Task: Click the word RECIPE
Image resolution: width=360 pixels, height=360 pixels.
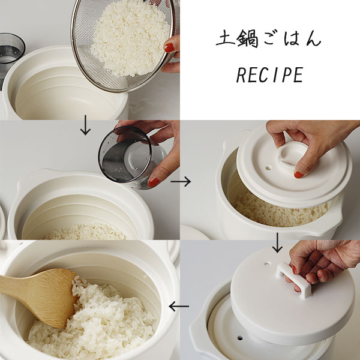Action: tap(270, 75)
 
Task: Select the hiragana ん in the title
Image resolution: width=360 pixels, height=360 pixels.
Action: tap(312, 38)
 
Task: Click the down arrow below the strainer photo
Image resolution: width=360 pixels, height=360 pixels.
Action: tap(85, 125)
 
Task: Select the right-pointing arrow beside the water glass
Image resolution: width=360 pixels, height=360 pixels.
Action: tap(181, 181)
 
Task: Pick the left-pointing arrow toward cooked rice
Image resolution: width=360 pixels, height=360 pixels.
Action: tap(179, 306)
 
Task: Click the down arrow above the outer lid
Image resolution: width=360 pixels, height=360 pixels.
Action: tap(277, 243)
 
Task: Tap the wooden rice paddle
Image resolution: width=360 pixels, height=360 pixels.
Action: tap(39, 296)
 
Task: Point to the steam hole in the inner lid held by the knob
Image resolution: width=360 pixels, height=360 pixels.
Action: tap(268, 168)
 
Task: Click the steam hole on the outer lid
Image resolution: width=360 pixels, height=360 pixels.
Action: tap(267, 264)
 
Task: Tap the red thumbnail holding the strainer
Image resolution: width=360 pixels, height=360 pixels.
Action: tap(169, 48)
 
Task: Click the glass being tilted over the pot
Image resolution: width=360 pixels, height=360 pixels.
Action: tap(131, 157)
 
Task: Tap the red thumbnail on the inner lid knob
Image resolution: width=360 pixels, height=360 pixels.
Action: tap(299, 175)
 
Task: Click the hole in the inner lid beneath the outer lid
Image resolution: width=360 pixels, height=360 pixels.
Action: tap(240, 338)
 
